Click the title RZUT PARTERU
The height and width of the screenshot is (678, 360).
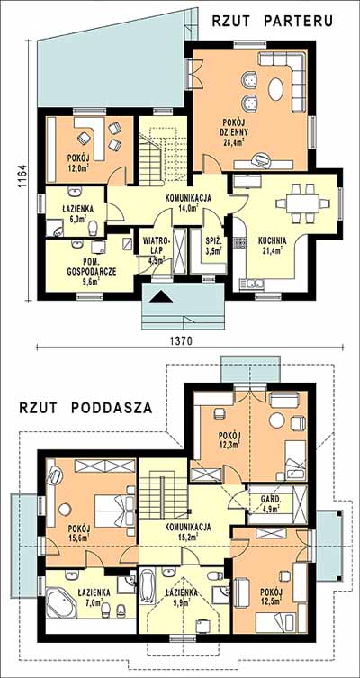click(273, 22)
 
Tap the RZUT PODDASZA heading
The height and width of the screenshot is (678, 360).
click(85, 408)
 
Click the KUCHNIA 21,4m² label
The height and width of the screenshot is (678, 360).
click(271, 245)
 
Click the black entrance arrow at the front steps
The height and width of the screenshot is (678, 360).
click(164, 296)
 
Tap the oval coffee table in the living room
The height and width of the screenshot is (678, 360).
click(276, 90)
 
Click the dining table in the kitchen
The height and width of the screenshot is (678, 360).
click(302, 203)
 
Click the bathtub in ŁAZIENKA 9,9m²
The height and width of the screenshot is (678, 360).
click(147, 588)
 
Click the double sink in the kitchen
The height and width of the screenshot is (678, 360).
click(253, 284)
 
